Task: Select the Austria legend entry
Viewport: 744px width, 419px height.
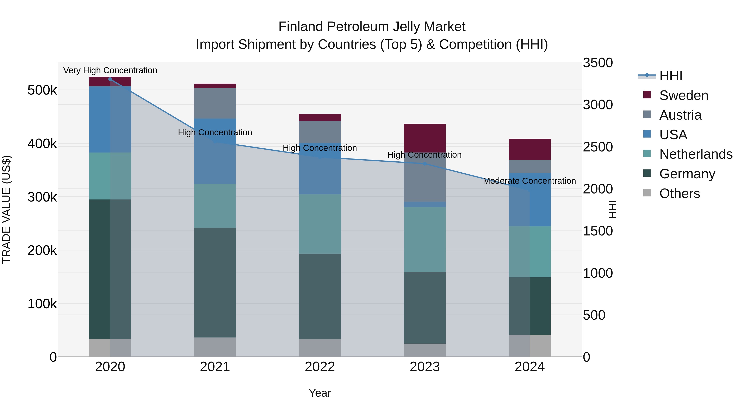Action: coord(680,115)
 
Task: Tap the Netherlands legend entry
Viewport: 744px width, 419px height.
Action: coord(695,154)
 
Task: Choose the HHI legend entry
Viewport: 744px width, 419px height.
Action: coord(671,76)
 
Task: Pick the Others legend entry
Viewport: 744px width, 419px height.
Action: coord(679,193)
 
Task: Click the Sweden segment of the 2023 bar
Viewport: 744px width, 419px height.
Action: coord(424,138)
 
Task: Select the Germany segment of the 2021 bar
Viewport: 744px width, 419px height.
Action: coord(215,282)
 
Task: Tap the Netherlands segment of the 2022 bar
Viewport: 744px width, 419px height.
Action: coord(320,224)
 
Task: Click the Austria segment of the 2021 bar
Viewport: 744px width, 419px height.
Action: coord(215,103)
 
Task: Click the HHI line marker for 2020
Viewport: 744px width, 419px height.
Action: coord(110,79)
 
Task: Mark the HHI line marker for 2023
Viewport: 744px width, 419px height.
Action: coord(424,164)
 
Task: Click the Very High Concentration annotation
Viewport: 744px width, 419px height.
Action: coord(110,71)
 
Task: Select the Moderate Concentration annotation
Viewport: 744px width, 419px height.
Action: coord(529,181)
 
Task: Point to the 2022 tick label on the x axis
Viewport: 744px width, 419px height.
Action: coord(320,367)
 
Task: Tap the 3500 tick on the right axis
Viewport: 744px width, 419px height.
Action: coord(597,63)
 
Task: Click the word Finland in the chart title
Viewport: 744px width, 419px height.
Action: coord(301,27)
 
